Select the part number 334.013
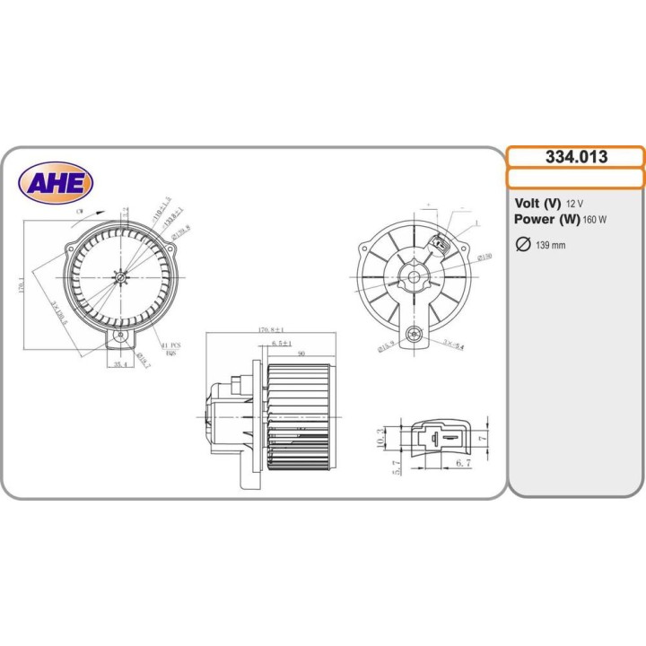coord(576,157)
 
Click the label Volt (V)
coord(538,204)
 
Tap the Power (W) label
coord(546,219)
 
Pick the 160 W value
coord(594,220)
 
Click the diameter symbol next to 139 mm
coord(522,245)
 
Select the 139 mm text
coord(550,246)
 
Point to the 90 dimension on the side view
coord(301,354)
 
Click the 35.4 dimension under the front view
coord(117,365)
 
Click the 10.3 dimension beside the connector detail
coord(380,437)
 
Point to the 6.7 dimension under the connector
coord(463,463)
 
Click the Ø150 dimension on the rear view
coord(484,257)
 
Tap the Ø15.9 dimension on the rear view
coord(388,346)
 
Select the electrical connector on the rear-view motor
coord(440,243)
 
